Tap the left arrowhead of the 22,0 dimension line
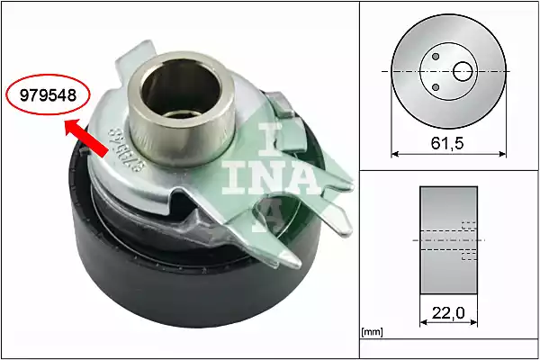(423, 323)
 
